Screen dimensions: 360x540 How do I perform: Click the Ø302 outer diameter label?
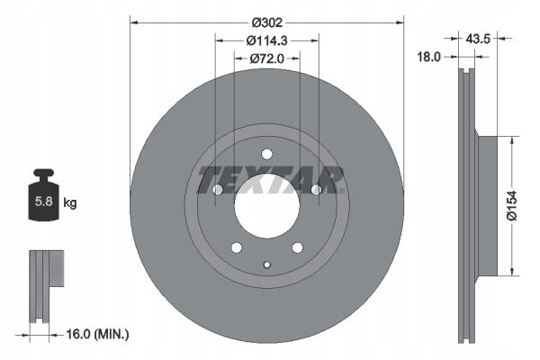[266, 20]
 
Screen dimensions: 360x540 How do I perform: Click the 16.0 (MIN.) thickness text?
[98, 334]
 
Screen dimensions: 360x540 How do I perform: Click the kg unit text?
[70, 203]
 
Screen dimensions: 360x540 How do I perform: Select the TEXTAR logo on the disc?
[266, 178]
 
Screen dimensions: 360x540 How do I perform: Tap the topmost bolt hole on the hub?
[266, 153]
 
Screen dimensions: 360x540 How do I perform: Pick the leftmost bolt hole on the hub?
[218, 189]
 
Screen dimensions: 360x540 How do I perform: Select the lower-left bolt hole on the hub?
[236, 247]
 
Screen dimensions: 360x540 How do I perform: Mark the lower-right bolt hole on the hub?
[297, 247]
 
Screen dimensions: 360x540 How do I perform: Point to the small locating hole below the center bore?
[266, 264]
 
